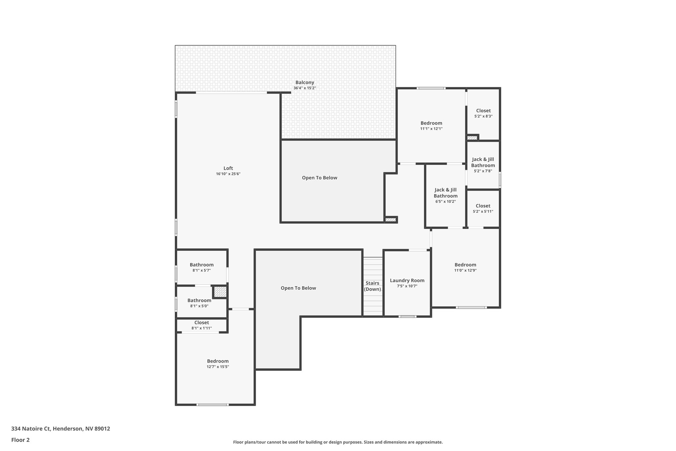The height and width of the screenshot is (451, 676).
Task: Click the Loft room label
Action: pyautogui.click(x=228, y=168)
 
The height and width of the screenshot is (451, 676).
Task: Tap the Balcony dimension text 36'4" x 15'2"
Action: pyautogui.click(x=305, y=88)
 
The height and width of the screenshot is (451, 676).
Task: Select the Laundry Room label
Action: pyautogui.click(x=407, y=281)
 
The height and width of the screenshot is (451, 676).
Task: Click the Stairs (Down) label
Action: pyautogui.click(x=372, y=286)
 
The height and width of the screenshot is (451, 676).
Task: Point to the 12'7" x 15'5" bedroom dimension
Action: pyautogui.click(x=218, y=367)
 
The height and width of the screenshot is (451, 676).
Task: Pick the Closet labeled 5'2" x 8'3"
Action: pyautogui.click(x=483, y=111)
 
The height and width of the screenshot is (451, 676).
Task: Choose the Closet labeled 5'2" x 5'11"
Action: pyautogui.click(x=483, y=206)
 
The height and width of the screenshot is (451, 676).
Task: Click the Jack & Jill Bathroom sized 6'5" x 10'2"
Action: pyautogui.click(x=445, y=193)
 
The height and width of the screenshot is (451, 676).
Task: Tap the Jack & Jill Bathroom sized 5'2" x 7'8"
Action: pyautogui.click(x=483, y=162)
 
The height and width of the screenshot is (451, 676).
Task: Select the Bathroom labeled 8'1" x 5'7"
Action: pyautogui.click(x=201, y=265)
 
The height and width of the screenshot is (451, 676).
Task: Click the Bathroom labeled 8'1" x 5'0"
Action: pyautogui.click(x=199, y=300)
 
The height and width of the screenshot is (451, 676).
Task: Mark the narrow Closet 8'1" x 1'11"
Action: pyautogui.click(x=201, y=323)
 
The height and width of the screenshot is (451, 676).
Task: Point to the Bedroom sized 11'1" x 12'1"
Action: pyautogui.click(x=431, y=123)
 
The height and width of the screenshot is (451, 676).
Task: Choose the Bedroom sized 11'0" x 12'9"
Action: pyautogui.click(x=465, y=265)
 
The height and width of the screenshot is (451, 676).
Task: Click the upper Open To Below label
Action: pyautogui.click(x=320, y=178)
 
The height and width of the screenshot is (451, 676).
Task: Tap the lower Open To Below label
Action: pyautogui.click(x=298, y=288)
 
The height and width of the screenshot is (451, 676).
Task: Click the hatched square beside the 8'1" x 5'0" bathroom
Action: pyautogui.click(x=220, y=292)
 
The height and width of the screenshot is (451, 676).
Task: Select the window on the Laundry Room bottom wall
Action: pyautogui.click(x=407, y=317)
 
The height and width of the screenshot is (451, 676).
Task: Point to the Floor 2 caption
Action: pyautogui.click(x=20, y=440)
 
